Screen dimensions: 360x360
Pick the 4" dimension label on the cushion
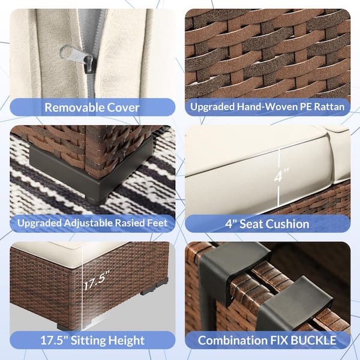(x=281, y=175)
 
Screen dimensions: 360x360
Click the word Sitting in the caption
(x=88, y=340)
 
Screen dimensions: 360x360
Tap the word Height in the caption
(x=126, y=340)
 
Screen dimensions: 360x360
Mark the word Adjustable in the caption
(x=88, y=223)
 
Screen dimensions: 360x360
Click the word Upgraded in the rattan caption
(x=212, y=107)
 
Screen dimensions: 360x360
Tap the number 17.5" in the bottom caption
(x=54, y=340)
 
